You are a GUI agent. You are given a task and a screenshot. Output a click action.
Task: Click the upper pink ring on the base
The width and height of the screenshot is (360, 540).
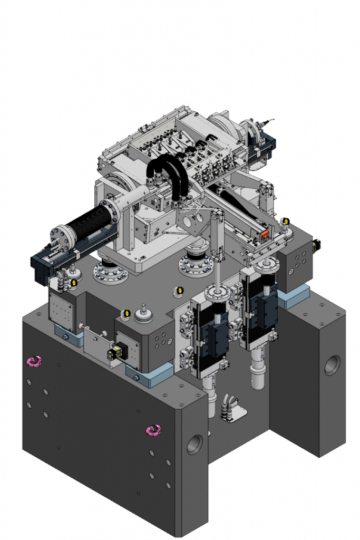[x=35, y=361]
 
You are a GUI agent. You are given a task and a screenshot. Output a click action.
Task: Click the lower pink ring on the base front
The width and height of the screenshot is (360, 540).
[x=154, y=430]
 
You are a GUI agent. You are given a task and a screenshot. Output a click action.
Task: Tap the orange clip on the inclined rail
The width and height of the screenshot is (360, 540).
[x=267, y=235]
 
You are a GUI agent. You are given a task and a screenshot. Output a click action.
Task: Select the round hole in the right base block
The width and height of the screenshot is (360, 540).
[x=332, y=365]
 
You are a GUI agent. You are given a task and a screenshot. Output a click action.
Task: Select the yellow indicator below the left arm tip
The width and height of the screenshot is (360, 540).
[x=73, y=284]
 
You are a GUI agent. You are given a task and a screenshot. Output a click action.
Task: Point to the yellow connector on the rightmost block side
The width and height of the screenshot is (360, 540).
[x=317, y=245]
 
